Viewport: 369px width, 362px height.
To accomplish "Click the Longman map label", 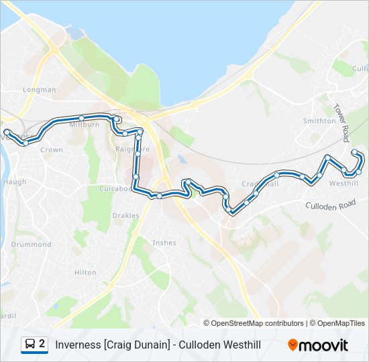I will tap(40, 90).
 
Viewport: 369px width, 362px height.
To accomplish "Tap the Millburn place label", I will tap(85, 125).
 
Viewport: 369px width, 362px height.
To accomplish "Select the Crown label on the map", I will tap(52, 150).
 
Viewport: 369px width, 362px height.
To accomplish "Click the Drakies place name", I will tap(126, 216).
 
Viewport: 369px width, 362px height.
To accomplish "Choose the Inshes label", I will tap(164, 243).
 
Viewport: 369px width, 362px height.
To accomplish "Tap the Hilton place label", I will tap(85, 273).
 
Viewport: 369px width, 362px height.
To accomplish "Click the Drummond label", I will tap(31, 245).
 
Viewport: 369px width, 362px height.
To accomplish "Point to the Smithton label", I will tap(319, 121).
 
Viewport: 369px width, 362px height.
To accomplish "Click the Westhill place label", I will tap(344, 184).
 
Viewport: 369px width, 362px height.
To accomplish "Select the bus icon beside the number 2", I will tap(30, 345).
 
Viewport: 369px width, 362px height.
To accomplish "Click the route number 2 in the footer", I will tap(42, 345).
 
